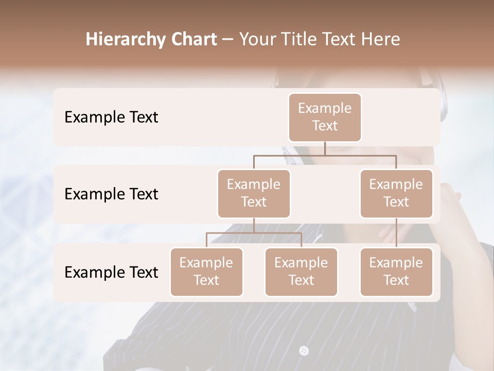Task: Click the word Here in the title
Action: tap(379, 39)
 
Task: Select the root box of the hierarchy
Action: tap(325, 117)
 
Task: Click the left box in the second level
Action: tap(254, 194)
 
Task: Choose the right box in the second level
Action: tap(396, 194)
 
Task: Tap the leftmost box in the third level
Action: tap(206, 272)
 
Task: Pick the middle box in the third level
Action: tap(301, 272)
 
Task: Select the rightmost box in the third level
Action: tap(396, 272)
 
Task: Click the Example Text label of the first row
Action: tap(111, 117)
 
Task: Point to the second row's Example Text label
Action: tap(111, 194)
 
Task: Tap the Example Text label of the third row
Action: tap(111, 273)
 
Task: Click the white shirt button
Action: tap(304, 351)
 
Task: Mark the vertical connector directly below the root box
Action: tap(325, 148)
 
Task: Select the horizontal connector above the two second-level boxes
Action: tap(325, 155)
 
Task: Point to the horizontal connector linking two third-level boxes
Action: tap(254, 233)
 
